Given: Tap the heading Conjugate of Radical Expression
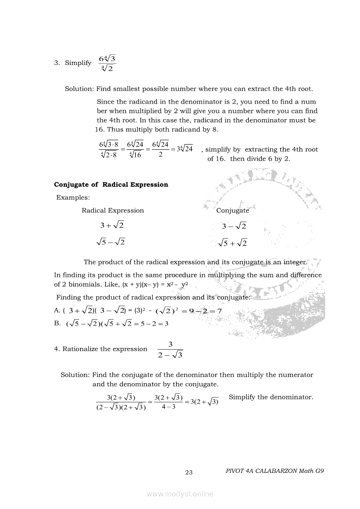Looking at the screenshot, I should coord(111,185).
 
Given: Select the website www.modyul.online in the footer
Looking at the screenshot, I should coord(180,494).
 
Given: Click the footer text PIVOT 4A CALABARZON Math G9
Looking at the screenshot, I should coord(275,471).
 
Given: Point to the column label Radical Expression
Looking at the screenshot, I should coord(112,211).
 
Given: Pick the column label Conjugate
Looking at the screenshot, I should coord(233,211).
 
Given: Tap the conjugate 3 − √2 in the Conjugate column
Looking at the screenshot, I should coord(234,226).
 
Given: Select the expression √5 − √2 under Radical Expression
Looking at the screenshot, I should coord(110,242).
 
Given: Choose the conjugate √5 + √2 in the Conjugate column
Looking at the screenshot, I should coord(233,243).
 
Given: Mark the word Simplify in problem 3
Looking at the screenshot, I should coord(78,63).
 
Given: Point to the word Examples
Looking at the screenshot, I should coord(73,198).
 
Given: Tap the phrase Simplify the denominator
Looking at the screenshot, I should coord(271,397).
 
